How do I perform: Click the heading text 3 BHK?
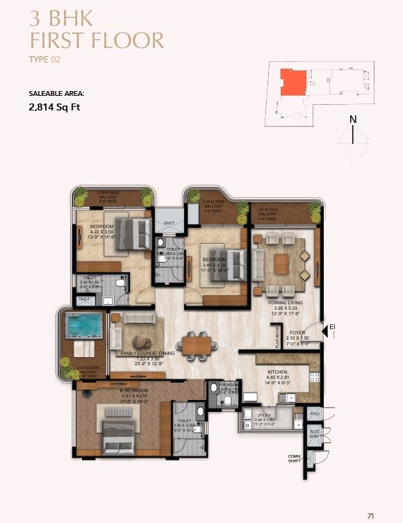pyautogui.click(x=62, y=15)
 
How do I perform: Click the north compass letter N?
pyautogui.click(x=353, y=119)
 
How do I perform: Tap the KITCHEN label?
pyautogui.click(x=277, y=372)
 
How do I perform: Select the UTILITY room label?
pyautogui.click(x=265, y=415)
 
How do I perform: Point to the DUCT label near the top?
pyautogui.click(x=169, y=224)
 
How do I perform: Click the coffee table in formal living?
pyautogui.click(x=281, y=264)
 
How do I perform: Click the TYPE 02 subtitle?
pyautogui.click(x=45, y=60)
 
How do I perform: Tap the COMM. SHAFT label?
pyautogui.click(x=295, y=458)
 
